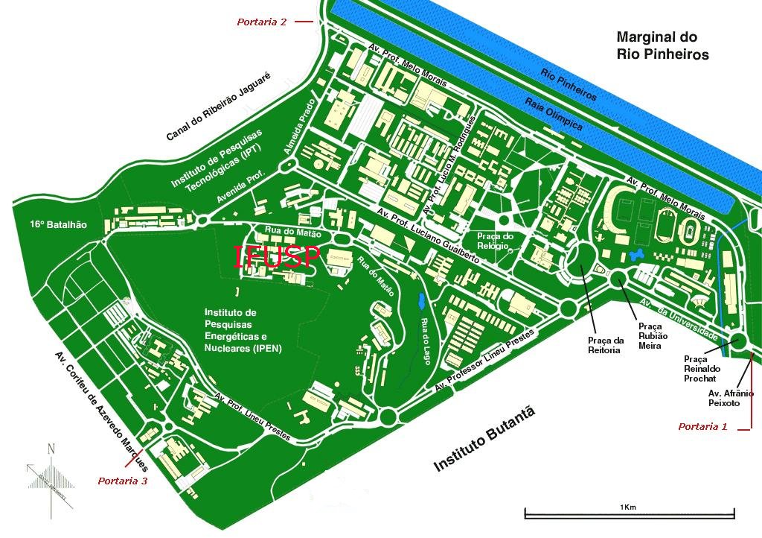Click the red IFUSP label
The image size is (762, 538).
pyautogui.click(x=277, y=256)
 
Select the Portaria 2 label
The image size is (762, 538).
pyautogui.click(x=262, y=22)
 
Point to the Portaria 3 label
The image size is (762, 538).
pyautogui.click(x=122, y=481)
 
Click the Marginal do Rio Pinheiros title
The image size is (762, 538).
pyautogui.click(x=662, y=45)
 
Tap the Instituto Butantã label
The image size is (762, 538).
pyautogui.click(x=484, y=440)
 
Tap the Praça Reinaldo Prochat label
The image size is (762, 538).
pyautogui.click(x=702, y=368)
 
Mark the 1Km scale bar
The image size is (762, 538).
pyautogui.click(x=630, y=513)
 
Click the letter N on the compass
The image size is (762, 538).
pyautogui.click(x=51, y=449)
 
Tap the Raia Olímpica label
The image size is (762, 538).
pyautogui.click(x=553, y=115)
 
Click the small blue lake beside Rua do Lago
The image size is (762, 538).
pyautogui.click(x=422, y=302)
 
